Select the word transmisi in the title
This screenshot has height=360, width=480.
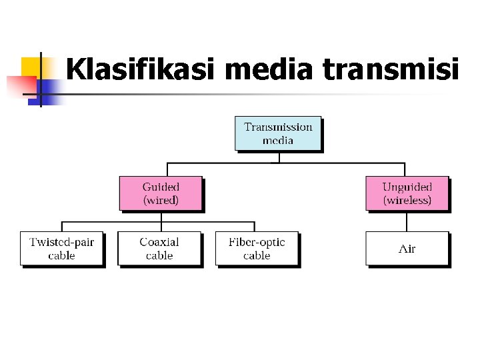pyautogui.click(x=391, y=69)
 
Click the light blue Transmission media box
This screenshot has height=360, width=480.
pyautogui.click(x=278, y=133)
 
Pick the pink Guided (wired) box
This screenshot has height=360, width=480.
pyautogui.click(x=161, y=193)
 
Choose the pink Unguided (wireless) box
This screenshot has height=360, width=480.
pyautogui.click(x=407, y=193)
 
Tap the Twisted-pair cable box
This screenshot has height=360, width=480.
pyautogui.click(x=62, y=249)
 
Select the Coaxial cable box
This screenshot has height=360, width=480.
pyautogui.click(x=159, y=249)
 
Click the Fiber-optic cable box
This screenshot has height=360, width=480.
pyautogui.click(x=257, y=249)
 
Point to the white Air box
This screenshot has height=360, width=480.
pyautogui.click(x=407, y=249)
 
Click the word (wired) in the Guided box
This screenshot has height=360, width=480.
pyautogui.click(x=161, y=200)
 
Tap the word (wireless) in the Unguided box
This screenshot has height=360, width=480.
pyautogui.click(x=407, y=200)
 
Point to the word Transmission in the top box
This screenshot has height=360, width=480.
pyautogui.click(x=278, y=127)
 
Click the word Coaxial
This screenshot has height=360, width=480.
pyautogui.click(x=159, y=242)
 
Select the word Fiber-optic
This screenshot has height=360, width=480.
pyautogui.click(x=257, y=242)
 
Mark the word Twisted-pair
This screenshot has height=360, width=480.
pyautogui.click(x=62, y=242)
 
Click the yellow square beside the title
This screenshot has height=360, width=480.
pyautogui.click(x=31, y=66)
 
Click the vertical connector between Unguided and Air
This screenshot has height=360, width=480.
pyautogui.click(x=407, y=221)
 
